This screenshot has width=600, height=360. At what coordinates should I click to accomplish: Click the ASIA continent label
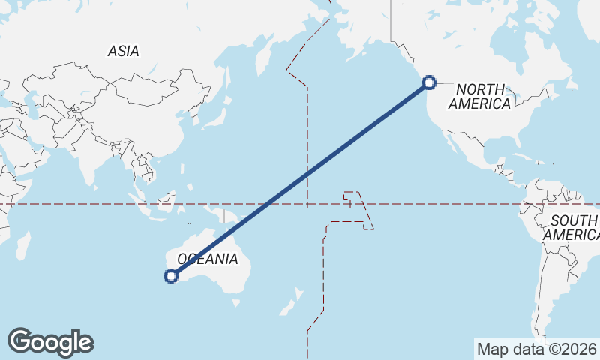[x=124, y=51]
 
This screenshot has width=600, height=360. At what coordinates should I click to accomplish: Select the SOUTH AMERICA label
[x=573, y=227]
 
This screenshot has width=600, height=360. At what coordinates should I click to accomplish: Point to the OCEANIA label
[x=206, y=259]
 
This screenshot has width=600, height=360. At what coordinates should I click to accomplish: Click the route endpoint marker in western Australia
[x=171, y=276]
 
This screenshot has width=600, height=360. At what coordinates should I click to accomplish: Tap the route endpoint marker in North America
[x=429, y=82]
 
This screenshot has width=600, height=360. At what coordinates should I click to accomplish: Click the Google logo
[x=50, y=342]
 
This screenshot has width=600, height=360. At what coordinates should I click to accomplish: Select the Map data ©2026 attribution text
[x=536, y=349]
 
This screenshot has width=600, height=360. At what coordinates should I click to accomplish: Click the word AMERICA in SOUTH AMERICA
[x=573, y=235]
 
